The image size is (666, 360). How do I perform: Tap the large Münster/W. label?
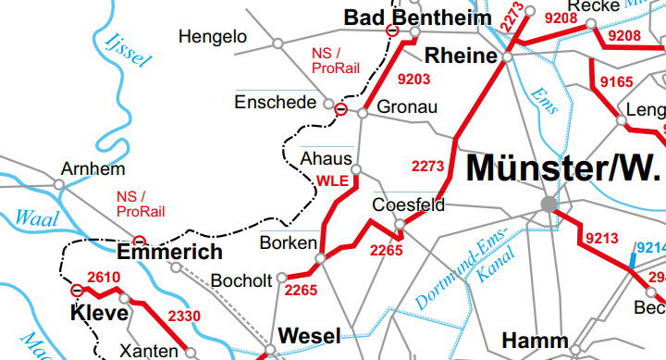(563, 168)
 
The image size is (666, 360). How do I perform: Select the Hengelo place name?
(213, 37)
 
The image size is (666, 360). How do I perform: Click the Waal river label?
(37, 218)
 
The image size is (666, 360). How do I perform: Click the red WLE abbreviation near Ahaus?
(333, 180)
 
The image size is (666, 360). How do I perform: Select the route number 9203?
(413, 80)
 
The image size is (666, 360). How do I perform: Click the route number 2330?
(183, 317)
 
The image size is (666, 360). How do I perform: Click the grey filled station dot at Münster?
(549, 204)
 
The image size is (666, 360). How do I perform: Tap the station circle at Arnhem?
(59, 184)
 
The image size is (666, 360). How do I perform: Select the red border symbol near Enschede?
(340, 110)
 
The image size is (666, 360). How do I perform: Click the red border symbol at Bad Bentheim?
(392, 31)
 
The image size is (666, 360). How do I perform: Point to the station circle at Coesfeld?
(400, 224)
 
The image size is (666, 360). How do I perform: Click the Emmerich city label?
(170, 252)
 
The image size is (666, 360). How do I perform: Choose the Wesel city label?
(309, 335)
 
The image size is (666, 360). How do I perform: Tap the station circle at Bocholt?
(283, 277)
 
